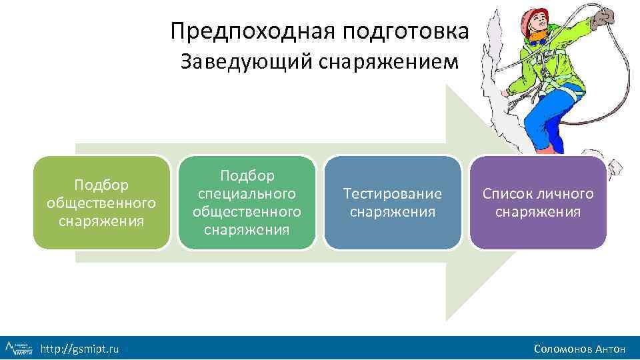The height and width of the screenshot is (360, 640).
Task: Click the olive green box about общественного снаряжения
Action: click(x=101, y=203)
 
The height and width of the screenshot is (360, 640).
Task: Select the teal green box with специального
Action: click(x=247, y=203)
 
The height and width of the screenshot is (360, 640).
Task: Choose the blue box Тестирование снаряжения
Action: click(x=392, y=203)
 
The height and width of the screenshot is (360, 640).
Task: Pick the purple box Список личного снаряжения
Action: click(x=537, y=203)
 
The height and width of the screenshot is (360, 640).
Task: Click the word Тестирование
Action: click(x=392, y=194)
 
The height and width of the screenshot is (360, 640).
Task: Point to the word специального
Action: click(x=247, y=193)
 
